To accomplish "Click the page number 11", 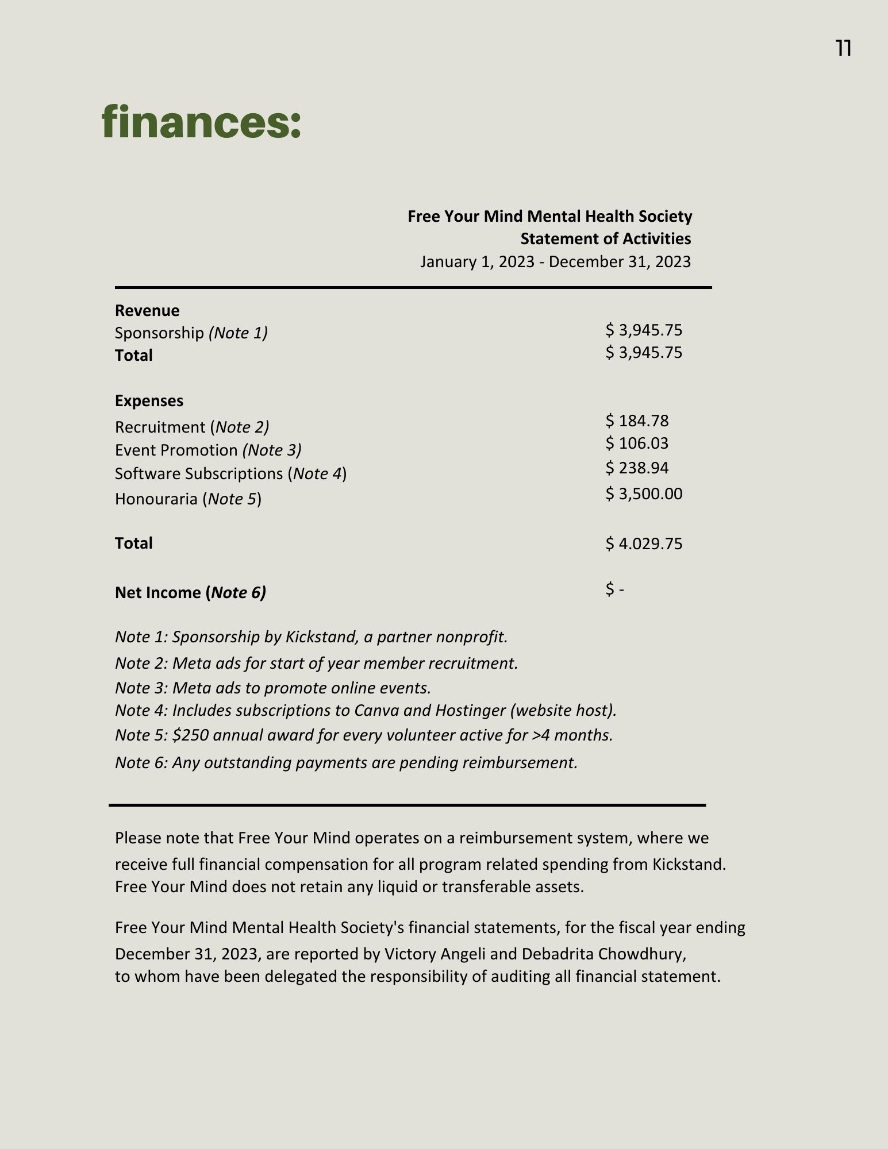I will pos(843,49).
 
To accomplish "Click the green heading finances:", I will pos(201,122).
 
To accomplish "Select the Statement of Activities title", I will pos(605,238).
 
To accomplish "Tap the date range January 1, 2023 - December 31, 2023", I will pos(555,262).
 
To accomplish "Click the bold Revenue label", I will pos(147,311).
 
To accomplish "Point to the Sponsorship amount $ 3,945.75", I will pos(644,330).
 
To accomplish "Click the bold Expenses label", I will pos(149,401).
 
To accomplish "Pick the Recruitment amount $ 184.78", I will pos(637,421).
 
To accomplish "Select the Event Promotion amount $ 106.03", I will pos(637,444).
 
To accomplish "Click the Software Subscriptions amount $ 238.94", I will pos(637,468).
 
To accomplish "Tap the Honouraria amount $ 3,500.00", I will pos(644,494).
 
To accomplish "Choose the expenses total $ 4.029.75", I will pos(644,543).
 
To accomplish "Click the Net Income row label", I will pos(190,593).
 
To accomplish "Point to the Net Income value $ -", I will pos(614,589).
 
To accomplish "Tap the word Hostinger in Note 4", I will pos(469,711).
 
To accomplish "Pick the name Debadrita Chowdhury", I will pos(603,954).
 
